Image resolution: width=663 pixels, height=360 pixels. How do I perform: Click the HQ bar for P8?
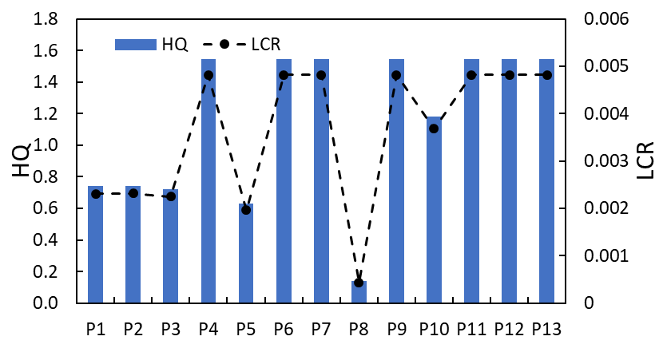(x=359, y=292)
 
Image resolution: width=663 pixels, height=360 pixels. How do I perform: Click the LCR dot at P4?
(x=208, y=75)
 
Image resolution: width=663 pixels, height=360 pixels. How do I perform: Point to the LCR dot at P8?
(x=359, y=283)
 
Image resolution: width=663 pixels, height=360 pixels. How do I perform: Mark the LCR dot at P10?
(x=434, y=129)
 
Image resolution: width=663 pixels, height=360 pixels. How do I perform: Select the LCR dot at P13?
(x=547, y=75)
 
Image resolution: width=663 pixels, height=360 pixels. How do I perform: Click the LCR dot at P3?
(x=171, y=196)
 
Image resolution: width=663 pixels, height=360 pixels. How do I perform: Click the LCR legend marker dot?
(x=224, y=45)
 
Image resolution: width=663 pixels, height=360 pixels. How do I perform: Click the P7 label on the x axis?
(x=321, y=329)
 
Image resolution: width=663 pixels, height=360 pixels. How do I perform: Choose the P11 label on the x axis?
(x=472, y=329)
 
